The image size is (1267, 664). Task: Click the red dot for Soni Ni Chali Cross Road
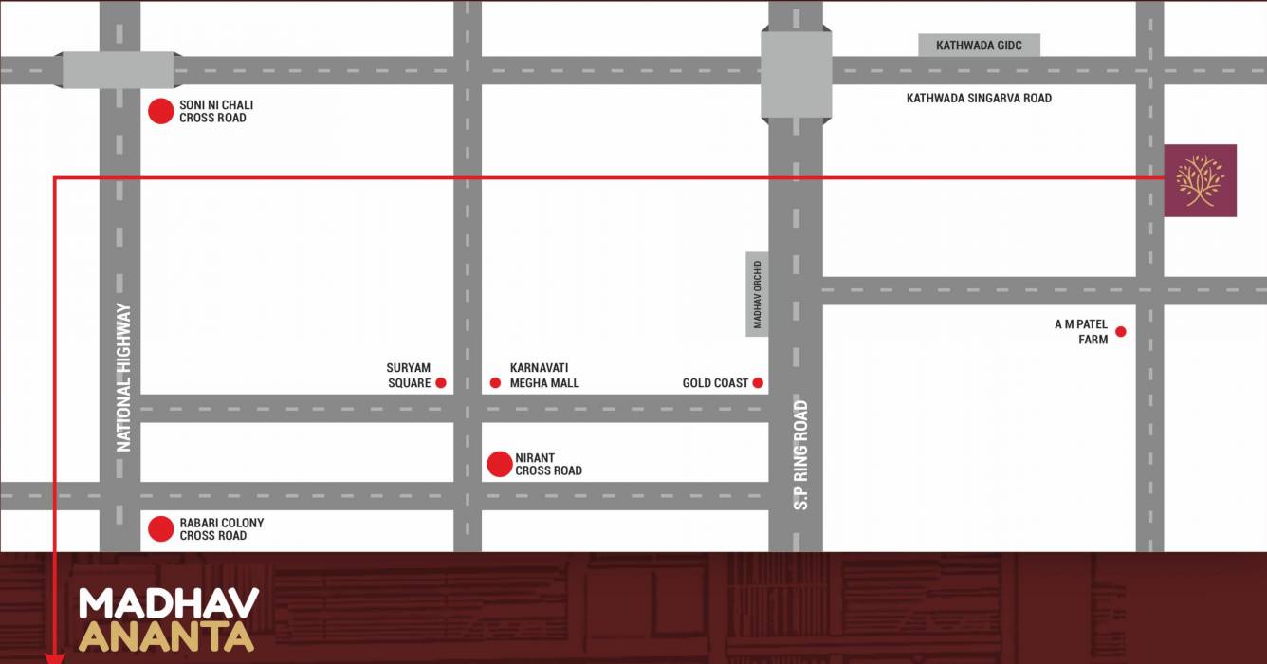click(161, 111)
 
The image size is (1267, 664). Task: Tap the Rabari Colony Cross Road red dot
click(161, 529)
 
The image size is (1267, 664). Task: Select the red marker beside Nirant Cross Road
click(500, 464)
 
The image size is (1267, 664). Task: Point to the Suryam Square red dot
click(440, 383)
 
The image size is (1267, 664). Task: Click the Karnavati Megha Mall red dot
click(495, 383)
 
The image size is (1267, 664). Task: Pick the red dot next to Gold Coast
click(758, 383)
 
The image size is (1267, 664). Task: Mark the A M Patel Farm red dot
click(1121, 331)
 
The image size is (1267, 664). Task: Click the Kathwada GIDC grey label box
click(979, 46)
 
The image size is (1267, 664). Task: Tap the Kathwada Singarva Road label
click(979, 99)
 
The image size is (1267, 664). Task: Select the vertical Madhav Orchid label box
click(757, 294)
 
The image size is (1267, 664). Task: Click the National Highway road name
click(123, 377)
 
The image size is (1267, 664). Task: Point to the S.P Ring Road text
click(801, 455)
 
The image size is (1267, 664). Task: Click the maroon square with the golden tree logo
click(1201, 180)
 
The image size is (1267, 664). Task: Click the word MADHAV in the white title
click(169, 604)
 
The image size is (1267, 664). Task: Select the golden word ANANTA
click(166, 636)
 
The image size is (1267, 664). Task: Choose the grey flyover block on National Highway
click(119, 71)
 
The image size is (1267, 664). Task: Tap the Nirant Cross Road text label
click(549, 464)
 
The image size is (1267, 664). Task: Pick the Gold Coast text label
click(716, 383)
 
